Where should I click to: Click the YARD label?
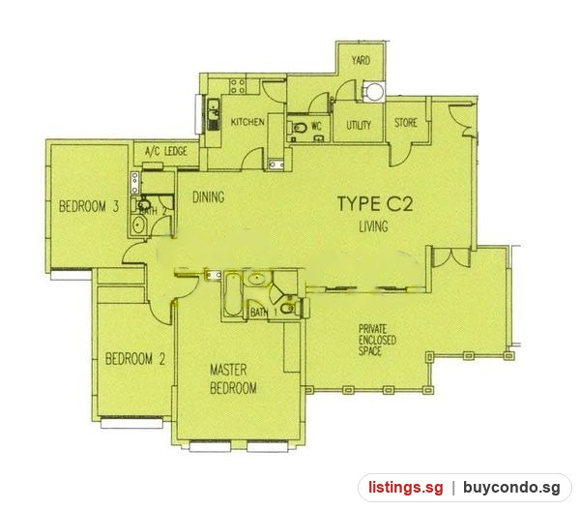[361, 60]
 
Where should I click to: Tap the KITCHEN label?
[247, 122]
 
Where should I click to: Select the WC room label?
[316, 127]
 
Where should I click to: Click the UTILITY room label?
[359, 125]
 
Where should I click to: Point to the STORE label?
[406, 123]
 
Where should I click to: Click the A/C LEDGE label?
[166, 151]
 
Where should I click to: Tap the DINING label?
[208, 197]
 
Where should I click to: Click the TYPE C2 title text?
[375, 204]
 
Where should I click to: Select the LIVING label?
[373, 226]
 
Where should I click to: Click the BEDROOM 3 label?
[89, 206]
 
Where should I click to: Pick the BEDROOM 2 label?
[135, 359]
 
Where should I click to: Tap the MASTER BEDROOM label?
[233, 379]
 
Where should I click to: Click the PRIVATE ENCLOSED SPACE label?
[377, 340]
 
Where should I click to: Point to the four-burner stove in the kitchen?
[238, 86]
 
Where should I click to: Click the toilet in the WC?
[299, 128]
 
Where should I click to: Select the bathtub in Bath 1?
[232, 294]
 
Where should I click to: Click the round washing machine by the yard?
[373, 91]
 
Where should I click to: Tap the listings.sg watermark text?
[405, 488]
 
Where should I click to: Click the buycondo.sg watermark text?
[512, 488]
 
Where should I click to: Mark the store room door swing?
[399, 156]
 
